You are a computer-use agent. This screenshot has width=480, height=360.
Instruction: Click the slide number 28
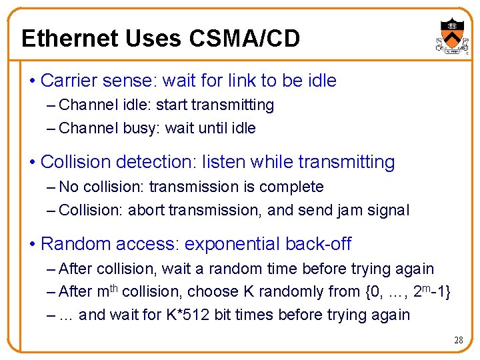click(x=458, y=340)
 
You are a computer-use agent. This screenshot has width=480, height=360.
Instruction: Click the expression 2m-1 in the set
click(x=428, y=291)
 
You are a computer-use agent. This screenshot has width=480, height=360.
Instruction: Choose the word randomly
click(x=311, y=291)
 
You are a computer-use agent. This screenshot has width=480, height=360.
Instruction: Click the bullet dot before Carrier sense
click(x=33, y=81)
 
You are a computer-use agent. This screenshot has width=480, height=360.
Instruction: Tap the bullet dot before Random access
click(x=33, y=244)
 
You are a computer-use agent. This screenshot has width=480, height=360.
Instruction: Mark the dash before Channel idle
click(x=52, y=105)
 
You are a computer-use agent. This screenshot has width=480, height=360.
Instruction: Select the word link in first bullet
click(x=242, y=81)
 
